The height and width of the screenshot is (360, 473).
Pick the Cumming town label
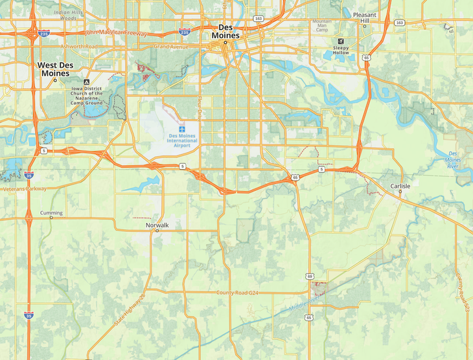pos(51,213)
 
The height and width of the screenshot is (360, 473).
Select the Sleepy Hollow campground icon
pos(341,40)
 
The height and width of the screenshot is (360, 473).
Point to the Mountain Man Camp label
pos(322,25)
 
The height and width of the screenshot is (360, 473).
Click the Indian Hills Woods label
pos(69,15)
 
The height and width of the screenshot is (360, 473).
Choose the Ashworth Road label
pos(78,47)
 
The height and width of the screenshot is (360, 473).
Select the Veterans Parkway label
pos(24,189)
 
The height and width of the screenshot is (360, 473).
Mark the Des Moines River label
pos(459,161)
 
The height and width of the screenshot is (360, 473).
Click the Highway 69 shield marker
pos(310,276)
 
